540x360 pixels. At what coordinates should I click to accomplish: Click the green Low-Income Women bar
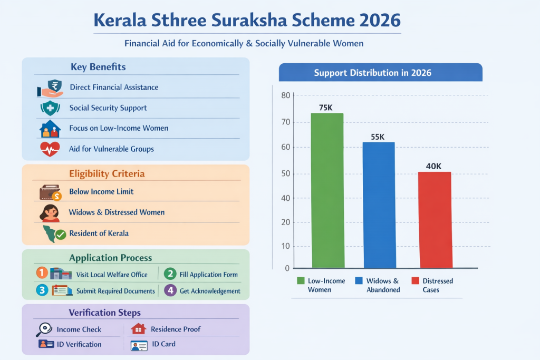(x=327, y=190)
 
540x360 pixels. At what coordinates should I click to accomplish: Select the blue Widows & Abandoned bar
(x=380, y=205)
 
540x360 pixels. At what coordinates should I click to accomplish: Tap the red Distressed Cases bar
(x=436, y=220)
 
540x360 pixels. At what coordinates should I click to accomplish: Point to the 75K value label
(x=326, y=108)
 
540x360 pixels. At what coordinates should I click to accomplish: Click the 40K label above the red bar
(x=433, y=166)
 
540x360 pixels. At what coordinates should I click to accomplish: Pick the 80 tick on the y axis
(x=286, y=95)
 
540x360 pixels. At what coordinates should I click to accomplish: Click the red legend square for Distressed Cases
(x=414, y=281)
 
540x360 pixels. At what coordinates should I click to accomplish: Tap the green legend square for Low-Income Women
(x=301, y=281)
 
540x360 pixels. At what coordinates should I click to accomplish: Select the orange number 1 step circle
(x=42, y=273)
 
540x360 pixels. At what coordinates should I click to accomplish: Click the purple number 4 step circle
(x=170, y=290)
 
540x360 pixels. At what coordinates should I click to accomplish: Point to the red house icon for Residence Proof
(x=138, y=329)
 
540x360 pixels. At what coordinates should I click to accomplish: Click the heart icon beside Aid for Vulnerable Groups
(x=50, y=149)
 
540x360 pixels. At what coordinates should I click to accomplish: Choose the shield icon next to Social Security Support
(x=50, y=108)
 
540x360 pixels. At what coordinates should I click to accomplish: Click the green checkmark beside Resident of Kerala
(x=61, y=234)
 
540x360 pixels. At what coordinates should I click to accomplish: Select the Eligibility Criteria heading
(x=107, y=173)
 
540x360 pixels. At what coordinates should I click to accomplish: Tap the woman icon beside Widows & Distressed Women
(x=50, y=212)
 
